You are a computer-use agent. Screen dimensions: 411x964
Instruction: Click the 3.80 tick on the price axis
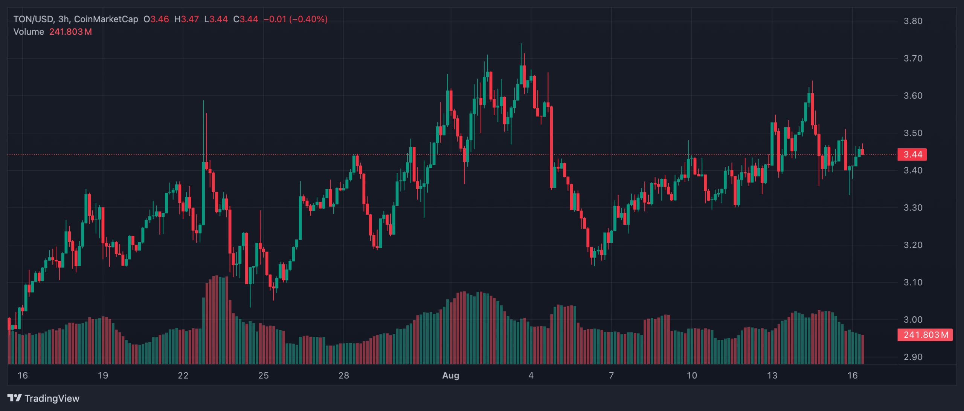913,21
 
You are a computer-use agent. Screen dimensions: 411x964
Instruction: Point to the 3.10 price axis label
913,282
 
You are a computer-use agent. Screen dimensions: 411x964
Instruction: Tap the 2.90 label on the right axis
913,357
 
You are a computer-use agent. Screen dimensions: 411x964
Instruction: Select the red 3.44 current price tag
912,155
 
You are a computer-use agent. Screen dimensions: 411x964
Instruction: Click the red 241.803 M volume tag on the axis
925,335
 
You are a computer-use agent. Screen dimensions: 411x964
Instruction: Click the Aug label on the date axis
450,376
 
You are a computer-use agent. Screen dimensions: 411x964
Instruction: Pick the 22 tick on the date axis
183,376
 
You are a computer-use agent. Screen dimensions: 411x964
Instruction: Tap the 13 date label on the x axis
772,376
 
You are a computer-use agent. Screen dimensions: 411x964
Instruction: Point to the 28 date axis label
343,376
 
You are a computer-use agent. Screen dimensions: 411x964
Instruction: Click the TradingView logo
43,398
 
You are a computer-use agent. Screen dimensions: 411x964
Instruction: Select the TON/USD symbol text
33,19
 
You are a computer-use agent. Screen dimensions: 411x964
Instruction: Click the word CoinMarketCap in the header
106,19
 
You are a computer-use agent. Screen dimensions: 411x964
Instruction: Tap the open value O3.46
156,19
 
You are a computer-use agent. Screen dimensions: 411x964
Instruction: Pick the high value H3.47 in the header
186,19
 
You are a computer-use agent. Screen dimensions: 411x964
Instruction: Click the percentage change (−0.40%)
308,19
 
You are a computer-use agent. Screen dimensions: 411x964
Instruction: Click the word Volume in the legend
29,32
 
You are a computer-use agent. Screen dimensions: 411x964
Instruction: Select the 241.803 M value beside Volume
70,32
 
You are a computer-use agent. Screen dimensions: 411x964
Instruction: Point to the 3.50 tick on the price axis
913,133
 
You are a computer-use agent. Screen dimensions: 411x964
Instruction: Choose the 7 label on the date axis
611,376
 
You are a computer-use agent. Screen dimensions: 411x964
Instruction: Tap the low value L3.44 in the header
216,19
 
